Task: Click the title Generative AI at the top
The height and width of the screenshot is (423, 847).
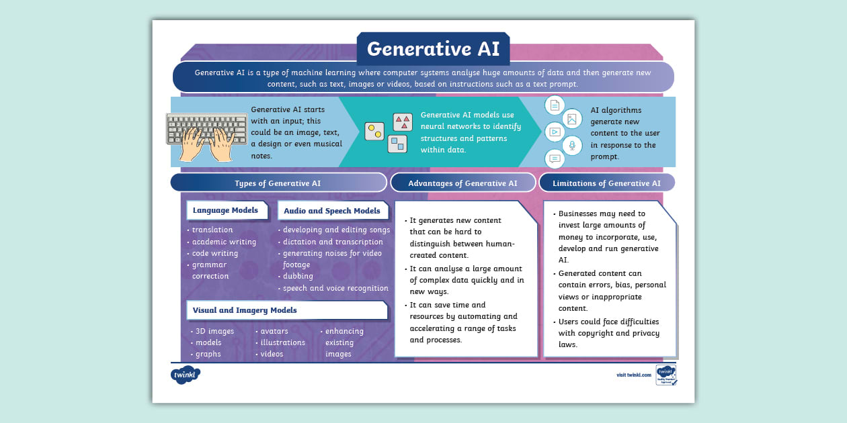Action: [x=433, y=49]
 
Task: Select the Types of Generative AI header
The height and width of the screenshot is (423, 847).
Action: [x=278, y=183]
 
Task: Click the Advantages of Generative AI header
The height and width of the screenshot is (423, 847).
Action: [x=462, y=183]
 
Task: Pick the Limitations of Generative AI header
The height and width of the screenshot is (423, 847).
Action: [x=606, y=183]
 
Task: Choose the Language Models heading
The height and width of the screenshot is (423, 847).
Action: [x=225, y=210]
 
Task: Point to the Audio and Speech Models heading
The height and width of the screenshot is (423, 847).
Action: [x=331, y=210]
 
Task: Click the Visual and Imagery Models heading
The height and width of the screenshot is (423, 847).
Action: [x=245, y=310]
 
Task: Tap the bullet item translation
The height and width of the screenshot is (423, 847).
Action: [x=212, y=230]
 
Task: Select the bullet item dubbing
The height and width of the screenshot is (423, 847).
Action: [x=298, y=276]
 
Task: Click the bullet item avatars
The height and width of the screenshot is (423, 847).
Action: [x=274, y=331]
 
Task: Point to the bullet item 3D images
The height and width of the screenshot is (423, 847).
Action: [x=214, y=331]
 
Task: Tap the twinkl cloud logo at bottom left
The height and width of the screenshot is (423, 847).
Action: [x=186, y=374]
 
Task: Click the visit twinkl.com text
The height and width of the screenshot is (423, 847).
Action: [x=634, y=375]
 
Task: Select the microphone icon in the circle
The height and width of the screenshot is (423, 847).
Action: [x=572, y=145]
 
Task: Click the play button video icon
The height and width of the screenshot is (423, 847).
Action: [x=554, y=132]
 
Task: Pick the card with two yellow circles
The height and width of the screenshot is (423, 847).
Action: [x=374, y=131]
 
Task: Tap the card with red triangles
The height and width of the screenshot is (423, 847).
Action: [x=403, y=122]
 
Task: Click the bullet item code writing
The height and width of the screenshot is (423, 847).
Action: [x=215, y=253]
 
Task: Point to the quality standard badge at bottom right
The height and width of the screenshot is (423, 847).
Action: [x=665, y=375]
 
